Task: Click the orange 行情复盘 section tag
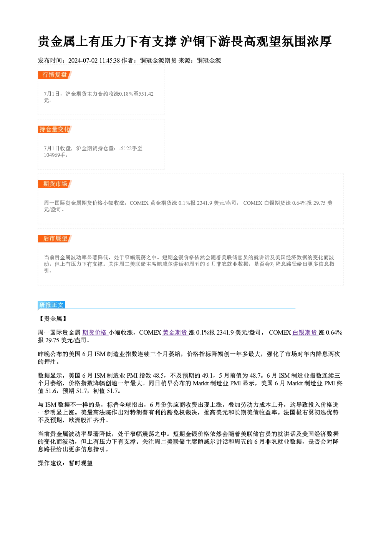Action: (x=55, y=75)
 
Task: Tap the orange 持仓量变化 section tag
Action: (x=55, y=129)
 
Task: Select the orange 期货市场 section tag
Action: (x=55, y=184)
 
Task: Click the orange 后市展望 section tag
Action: (x=55, y=239)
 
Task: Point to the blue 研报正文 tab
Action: (x=51, y=305)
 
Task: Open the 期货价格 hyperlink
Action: (x=95, y=333)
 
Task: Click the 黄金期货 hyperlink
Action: (x=176, y=333)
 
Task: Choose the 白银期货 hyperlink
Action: (x=305, y=333)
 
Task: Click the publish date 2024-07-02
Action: (x=83, y=61)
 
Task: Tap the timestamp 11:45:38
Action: (x=109, y=61)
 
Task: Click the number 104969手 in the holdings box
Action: (x=55, y=155)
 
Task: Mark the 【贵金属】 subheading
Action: (x=53, y=319)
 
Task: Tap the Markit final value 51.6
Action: (x=51, y=391)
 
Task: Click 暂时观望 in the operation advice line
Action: (x=81, y=463)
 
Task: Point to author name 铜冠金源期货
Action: (x=158, y=61)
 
